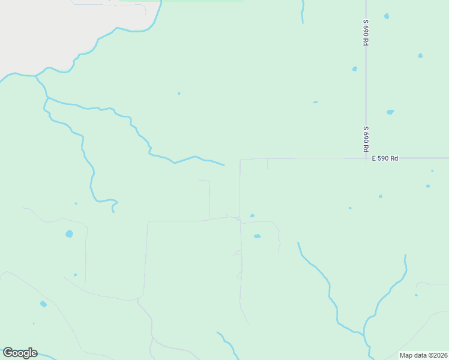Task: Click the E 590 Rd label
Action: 385,158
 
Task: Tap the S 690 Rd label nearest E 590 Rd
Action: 365,139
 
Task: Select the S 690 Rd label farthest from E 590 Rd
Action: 365,34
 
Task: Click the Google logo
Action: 20,353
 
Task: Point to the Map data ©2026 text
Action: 424,355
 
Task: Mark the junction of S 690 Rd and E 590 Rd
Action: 366,158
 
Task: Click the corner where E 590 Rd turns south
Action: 240,160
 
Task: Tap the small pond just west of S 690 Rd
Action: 355,69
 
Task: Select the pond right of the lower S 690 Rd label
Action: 390,112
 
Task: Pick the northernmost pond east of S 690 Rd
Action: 386,16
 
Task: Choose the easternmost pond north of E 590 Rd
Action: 420,56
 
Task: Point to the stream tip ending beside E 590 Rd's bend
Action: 223,164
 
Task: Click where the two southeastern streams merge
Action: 364,331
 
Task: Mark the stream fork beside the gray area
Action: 36,76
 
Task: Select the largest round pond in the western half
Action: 69,234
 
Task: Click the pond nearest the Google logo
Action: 43,304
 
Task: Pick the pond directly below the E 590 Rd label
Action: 380,196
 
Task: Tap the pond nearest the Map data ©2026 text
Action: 416,295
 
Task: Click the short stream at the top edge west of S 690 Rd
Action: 303,12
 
